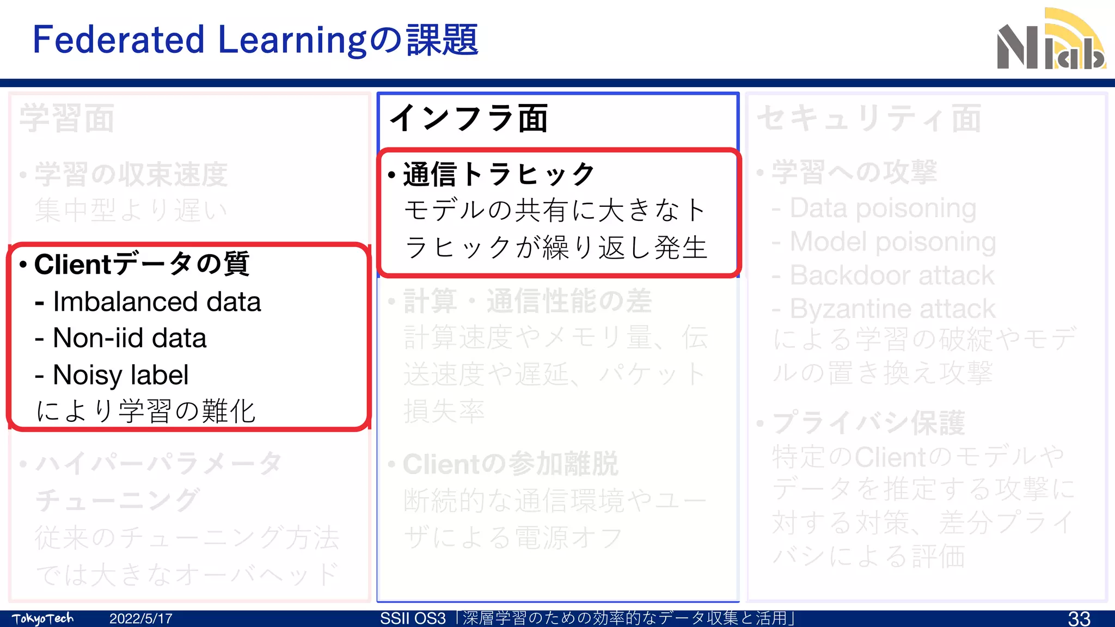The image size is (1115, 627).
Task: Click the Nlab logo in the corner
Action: (x=1051, y=41)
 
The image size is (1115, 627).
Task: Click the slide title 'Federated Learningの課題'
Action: (x=255, y=40)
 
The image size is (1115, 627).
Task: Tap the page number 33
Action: (x=1079, y=618)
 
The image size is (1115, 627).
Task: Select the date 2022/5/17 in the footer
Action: (x=140, y=618)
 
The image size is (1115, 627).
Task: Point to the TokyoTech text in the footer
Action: (x=42, y=618)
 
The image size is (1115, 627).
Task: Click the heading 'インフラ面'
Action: (x=468, y=118)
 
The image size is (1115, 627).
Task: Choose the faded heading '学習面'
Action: (x=67, y=118)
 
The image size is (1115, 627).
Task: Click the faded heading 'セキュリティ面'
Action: (x=869, y=118)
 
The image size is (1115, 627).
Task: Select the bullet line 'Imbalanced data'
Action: (x=156, y=302)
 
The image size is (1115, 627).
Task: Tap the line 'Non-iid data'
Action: (x=129, y=338)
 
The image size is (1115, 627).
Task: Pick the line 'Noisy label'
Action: (x=120, y=374)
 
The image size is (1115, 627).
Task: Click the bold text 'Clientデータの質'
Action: (x=142, y=264)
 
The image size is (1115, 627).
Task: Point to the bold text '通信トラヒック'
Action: (x=499, y=174)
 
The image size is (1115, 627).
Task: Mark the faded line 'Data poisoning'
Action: (x=883, y=208)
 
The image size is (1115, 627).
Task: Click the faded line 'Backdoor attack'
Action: (x=892, y=275)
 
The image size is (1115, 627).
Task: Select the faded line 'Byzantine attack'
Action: (x=892, y=309)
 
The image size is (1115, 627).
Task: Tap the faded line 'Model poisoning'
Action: (x=892, y=242)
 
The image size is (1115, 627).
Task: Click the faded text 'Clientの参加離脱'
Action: (x=510, y=464)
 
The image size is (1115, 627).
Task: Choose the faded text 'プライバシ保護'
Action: (x=868, y=423)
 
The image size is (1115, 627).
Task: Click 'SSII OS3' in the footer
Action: (x=413, y=618)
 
